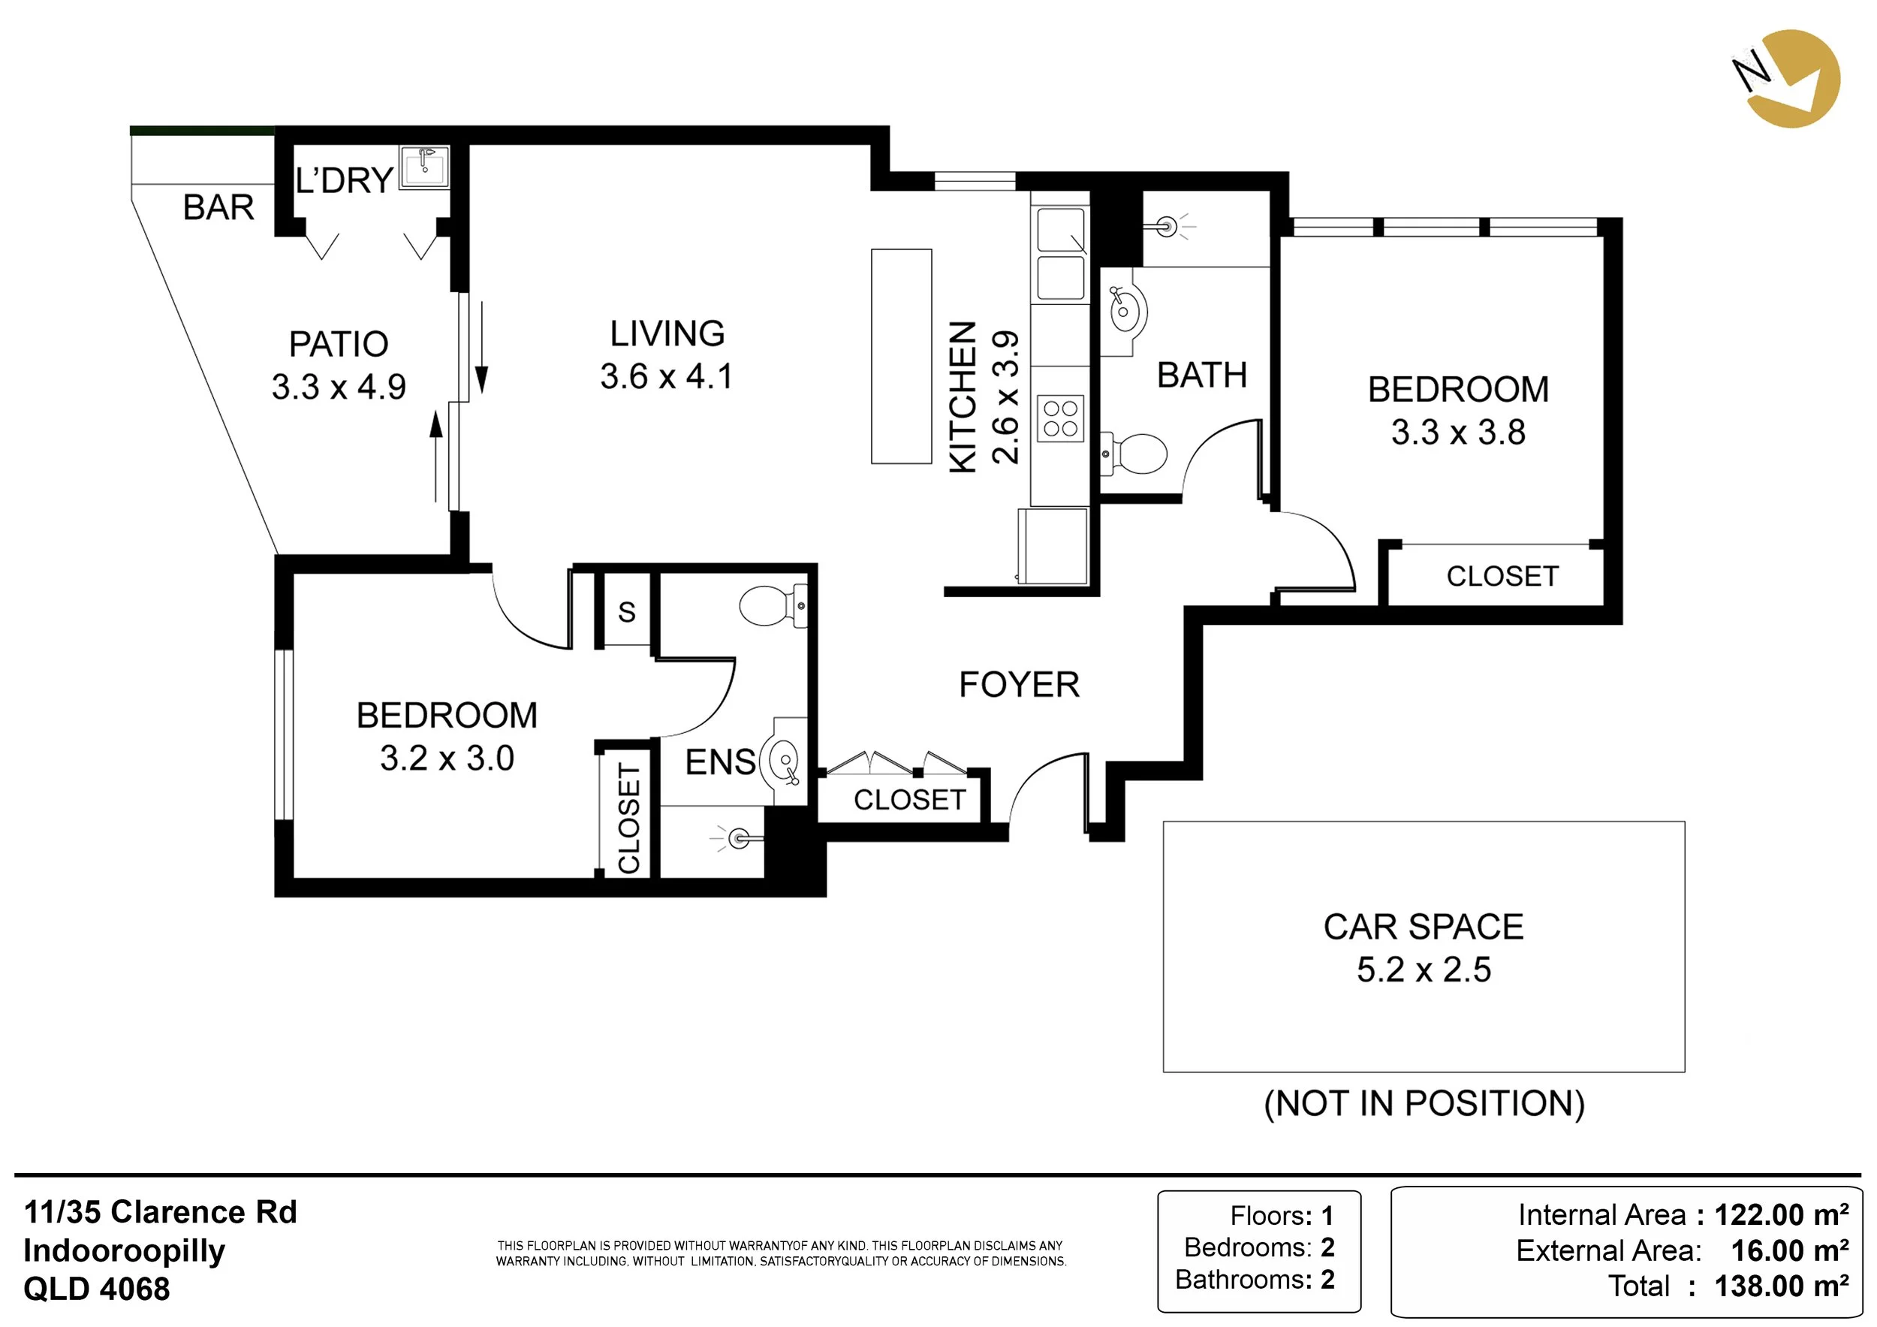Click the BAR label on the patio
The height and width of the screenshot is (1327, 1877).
pyautogui.click(x=218, y=208)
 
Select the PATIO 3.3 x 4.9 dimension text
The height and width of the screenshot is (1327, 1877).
pyautogui.click(x=339, y=387)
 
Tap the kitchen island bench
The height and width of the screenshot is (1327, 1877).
pyautogui.click(x=901, y=357)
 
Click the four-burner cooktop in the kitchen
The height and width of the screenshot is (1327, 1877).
pyautogui.click(x=1060, y=418)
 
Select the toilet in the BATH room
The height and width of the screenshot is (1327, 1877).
pyautogui.click(x=1137, y=453)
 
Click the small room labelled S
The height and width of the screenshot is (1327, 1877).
pyautogui.click(x=626, y=611)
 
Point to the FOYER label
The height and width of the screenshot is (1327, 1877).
pyautogui.click(x=1019, y=685)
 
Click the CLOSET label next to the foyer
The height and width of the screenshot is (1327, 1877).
pyautogui.click(x=909, y=800)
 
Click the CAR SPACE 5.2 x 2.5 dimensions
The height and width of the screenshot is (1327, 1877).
pyautogui.click(x=1424, y=970)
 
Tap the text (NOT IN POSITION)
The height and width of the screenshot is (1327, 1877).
pyautogui.click(x=1424, y=1104)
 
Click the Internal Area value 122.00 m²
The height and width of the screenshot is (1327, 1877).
pyautogui.click(x=1782, y=1215)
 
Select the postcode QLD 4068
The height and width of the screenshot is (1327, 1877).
pyautogui.click(x=96, y=1289)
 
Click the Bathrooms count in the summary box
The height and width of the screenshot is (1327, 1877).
pyautogui.click(x=1327, y=1279)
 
